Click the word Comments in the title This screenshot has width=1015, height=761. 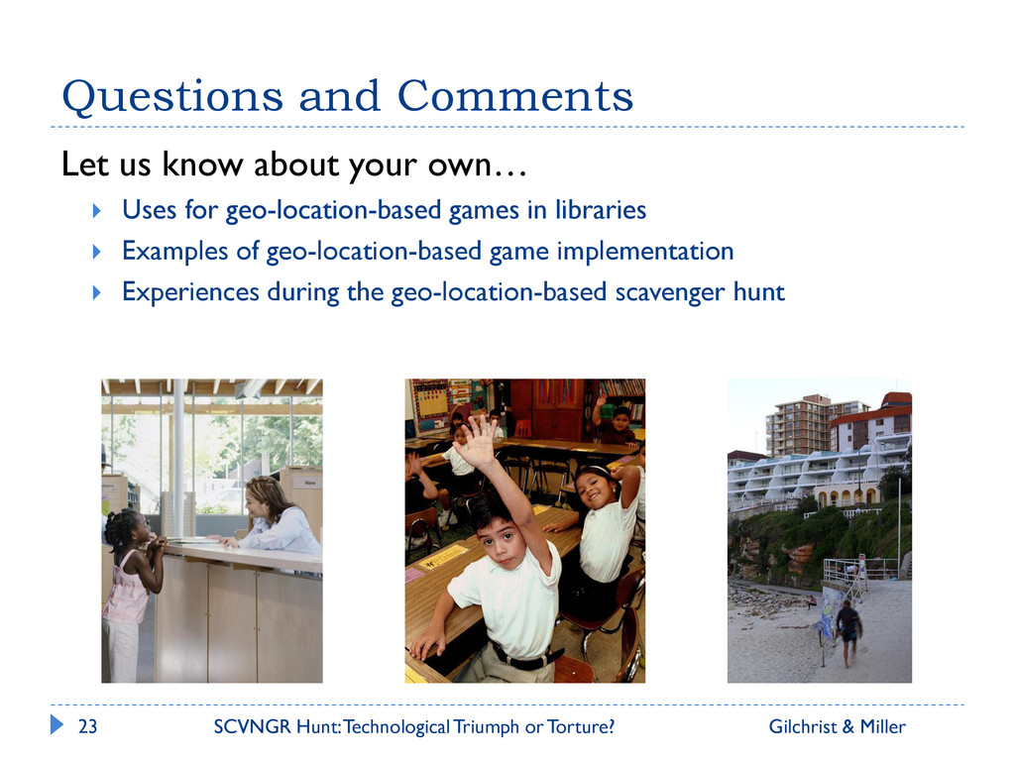point(515,96)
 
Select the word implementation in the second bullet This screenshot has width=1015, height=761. point(645,252)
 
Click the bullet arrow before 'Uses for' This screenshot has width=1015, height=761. point(96,210)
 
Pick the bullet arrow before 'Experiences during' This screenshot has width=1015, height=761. point(96,292)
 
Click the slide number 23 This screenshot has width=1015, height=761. point(87,726)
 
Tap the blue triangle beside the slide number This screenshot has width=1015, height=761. point(56,724)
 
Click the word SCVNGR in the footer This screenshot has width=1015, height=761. point(253,726)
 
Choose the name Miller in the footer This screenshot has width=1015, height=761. point(883,726)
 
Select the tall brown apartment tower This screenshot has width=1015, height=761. point(798,425)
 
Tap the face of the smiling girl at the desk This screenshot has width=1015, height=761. point(593,489)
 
